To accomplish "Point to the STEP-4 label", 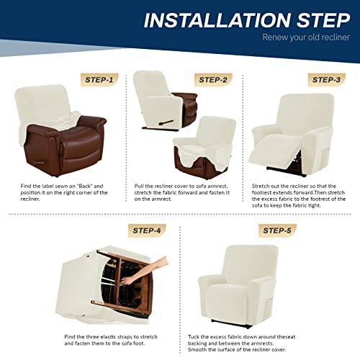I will pos(147,231).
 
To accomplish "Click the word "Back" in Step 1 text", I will pos(92,186).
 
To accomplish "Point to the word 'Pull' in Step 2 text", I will pos(140,186).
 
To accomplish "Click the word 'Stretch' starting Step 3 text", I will pos(262,186).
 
